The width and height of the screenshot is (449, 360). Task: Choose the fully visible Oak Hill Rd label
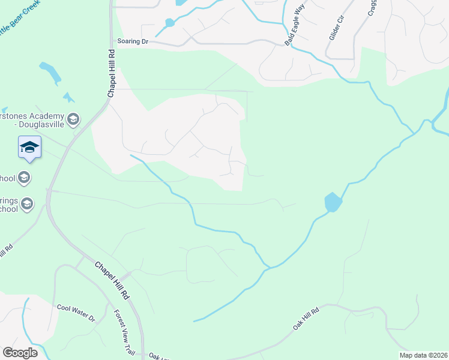tap(306, 316)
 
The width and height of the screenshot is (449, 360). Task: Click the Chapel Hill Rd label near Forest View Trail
tap(112, 281)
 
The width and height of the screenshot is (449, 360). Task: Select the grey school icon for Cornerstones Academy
tap(73, 119)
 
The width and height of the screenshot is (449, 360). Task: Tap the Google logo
tap(19, 352)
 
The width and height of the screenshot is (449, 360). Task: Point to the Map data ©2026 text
tap(423, 355)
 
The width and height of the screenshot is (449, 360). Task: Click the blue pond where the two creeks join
tap(333, 202)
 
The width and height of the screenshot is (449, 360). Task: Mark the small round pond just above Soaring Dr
tap(169, 23)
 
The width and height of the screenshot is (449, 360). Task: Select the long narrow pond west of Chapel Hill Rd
tap(50, 72)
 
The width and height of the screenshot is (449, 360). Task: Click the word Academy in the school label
tap(50, 116)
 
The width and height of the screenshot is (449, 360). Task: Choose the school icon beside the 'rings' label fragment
tap(27, 205)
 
